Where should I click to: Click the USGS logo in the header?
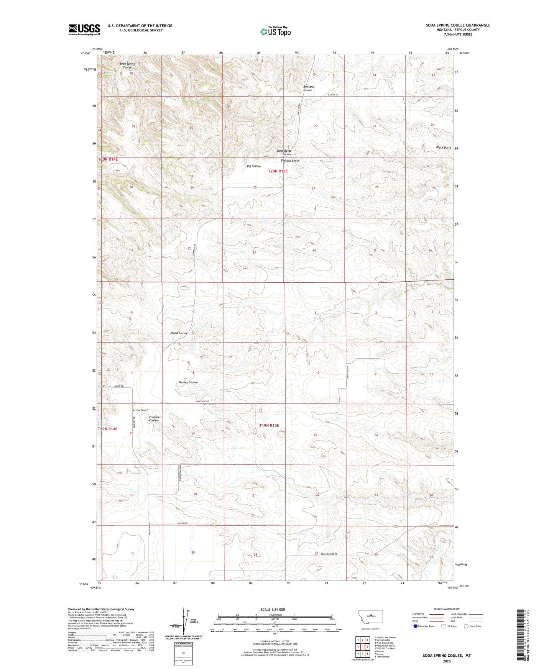(84, 30)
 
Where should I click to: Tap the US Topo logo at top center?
(275, 31)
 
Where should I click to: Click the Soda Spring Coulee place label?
(127, 65)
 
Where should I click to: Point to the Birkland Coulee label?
(308, 89)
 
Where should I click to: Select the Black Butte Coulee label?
(284, 152)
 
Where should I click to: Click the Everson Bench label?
(290, 161)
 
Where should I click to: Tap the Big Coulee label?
(254, 166)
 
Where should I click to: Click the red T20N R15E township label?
(278, 171)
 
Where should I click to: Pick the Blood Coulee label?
(179, 333)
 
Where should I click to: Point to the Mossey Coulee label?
(188, 382)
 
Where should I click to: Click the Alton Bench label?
(140, 410)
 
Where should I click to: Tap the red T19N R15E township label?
(269, 425)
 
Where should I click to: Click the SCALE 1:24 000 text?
(272, 609)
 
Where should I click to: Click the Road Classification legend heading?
(447, 609)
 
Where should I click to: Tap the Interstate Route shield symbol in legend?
(416, 626)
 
